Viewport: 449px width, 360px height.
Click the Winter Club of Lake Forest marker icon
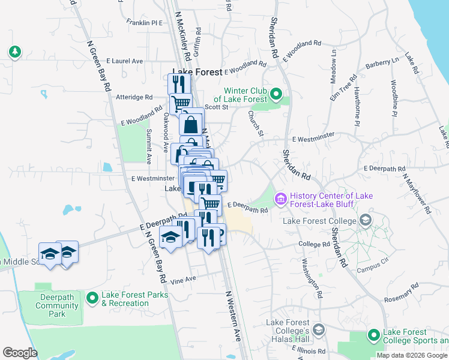[x=276, y=94]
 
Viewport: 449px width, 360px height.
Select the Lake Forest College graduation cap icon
[x=364, y=221]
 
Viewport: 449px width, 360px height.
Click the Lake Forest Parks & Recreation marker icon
[x=92, y=298]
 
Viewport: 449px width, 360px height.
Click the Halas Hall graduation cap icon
[x=318, y=329]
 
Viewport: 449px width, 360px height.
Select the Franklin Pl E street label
[x=145, y=23]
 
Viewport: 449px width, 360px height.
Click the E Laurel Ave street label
[x=125, y=61]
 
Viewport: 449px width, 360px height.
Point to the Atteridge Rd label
[x=134, y=97]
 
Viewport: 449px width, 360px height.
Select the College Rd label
[x=314, y=244]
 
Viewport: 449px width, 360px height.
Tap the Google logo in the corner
[x=20, y=353]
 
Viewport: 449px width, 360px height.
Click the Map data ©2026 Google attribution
[x=411, y=355]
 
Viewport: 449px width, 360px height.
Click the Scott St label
[x=217, y=107]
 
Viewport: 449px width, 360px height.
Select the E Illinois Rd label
[x=308, y=351]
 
